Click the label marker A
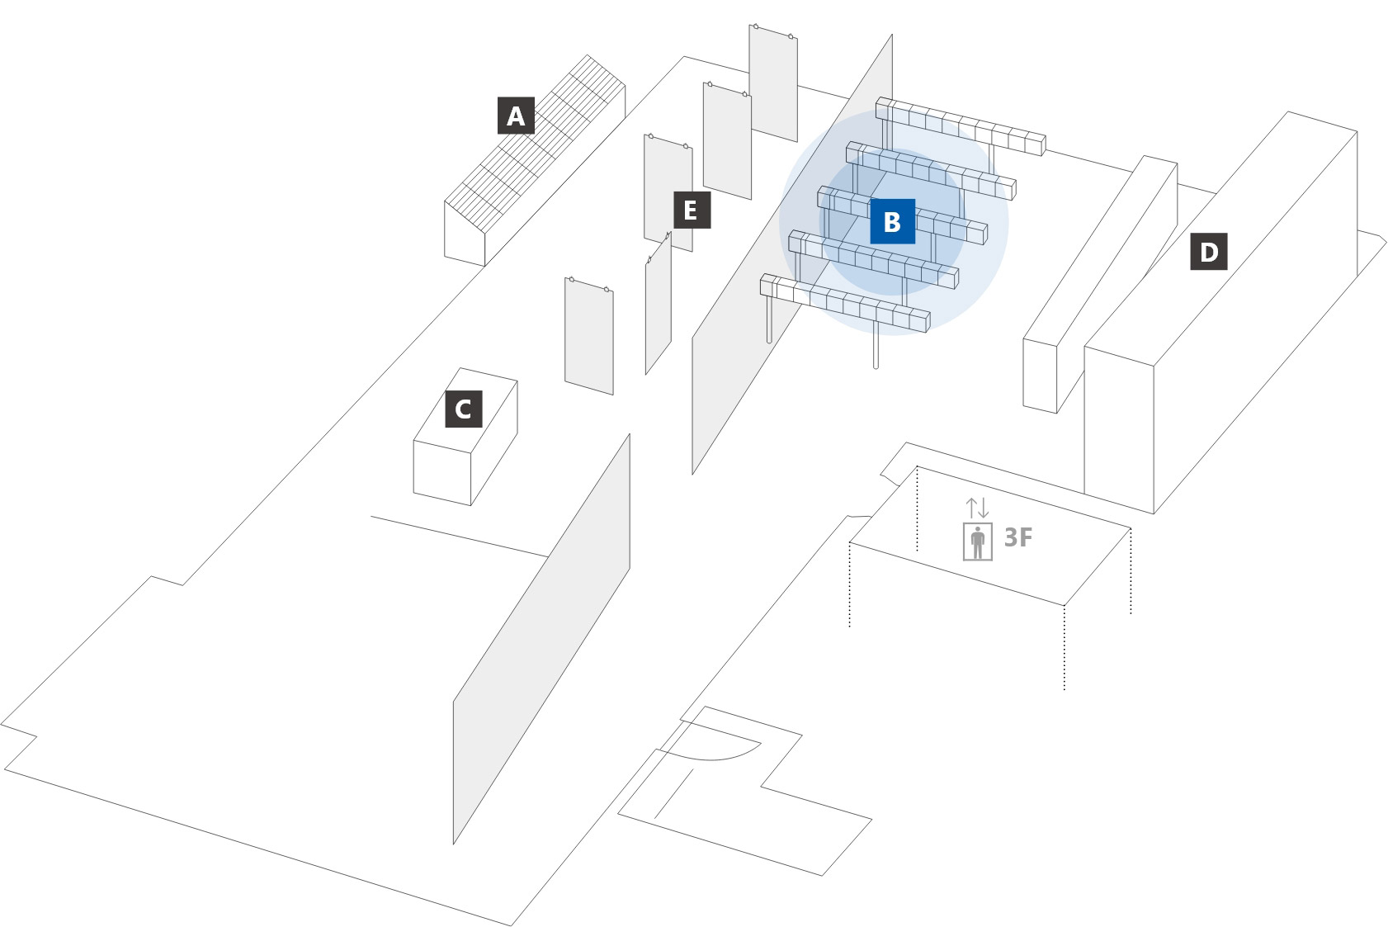[x=516, y=116]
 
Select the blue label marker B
[x=892, y=221]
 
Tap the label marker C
[x=464, y=409]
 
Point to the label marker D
[x=1209, y=252]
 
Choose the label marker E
[x=692, y=210]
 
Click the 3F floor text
[x=1018, y=538]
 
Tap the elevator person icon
[x=978, y=542]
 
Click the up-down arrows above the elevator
[x=978, y=508]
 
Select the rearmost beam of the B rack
[x=961, y=126]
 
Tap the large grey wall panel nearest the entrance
[x=541, y=640]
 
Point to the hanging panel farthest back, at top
[x=773, y=83]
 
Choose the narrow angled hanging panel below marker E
[x=659, y=305]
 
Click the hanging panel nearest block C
[x=588, y=337]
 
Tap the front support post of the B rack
[x=876, y=347]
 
